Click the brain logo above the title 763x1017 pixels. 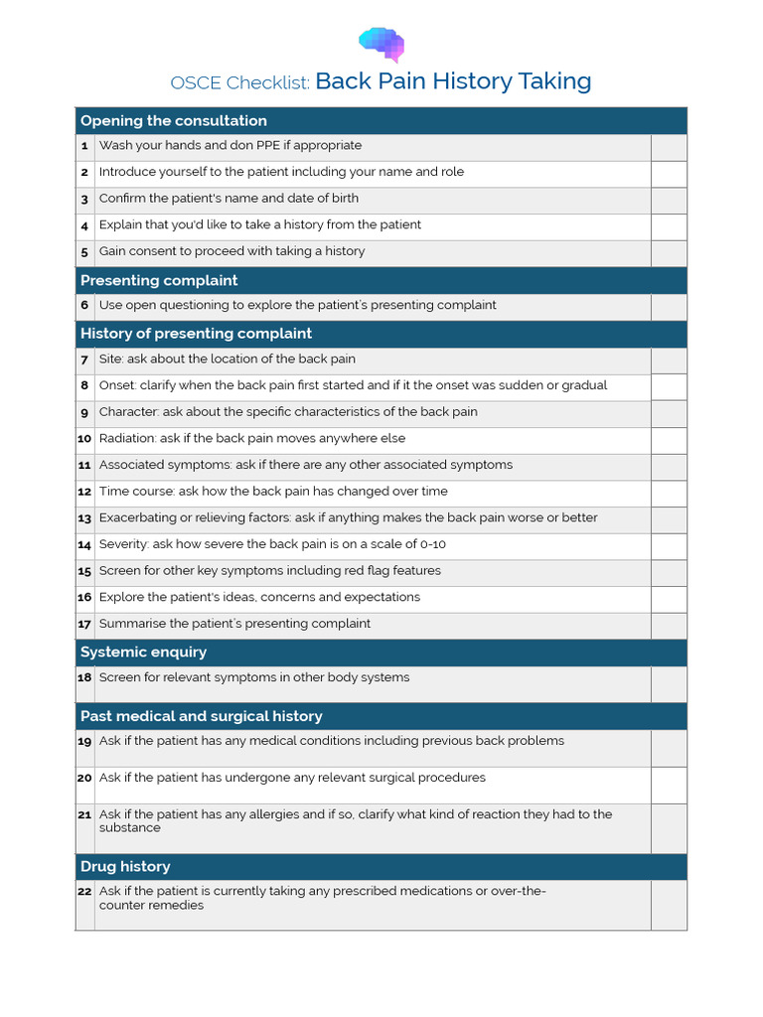[381, 44]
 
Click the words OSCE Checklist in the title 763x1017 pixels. [240, 83]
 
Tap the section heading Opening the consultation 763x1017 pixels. [173, 121]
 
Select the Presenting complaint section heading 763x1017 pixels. [159, 281]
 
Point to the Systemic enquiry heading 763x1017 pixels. [143, 653]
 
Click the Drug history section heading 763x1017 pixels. [125, 867]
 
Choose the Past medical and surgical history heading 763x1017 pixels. [201, 716]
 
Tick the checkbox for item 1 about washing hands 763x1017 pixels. [669, 147]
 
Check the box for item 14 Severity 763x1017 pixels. [669, 546]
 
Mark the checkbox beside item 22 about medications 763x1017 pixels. [669, 904]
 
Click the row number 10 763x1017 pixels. [84, 439]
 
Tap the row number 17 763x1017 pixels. [84, 625]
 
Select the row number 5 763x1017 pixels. [85, 252]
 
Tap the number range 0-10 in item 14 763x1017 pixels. [433, 544]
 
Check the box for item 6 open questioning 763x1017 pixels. [669, 307]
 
